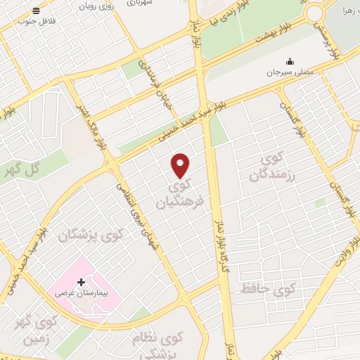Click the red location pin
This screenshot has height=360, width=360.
pyautogui.click(x=181, y=165)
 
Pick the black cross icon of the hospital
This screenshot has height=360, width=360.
pyautogui.click(x=81, y=281)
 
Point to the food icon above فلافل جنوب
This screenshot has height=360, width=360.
pyautogui.click(x=37, y=11)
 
